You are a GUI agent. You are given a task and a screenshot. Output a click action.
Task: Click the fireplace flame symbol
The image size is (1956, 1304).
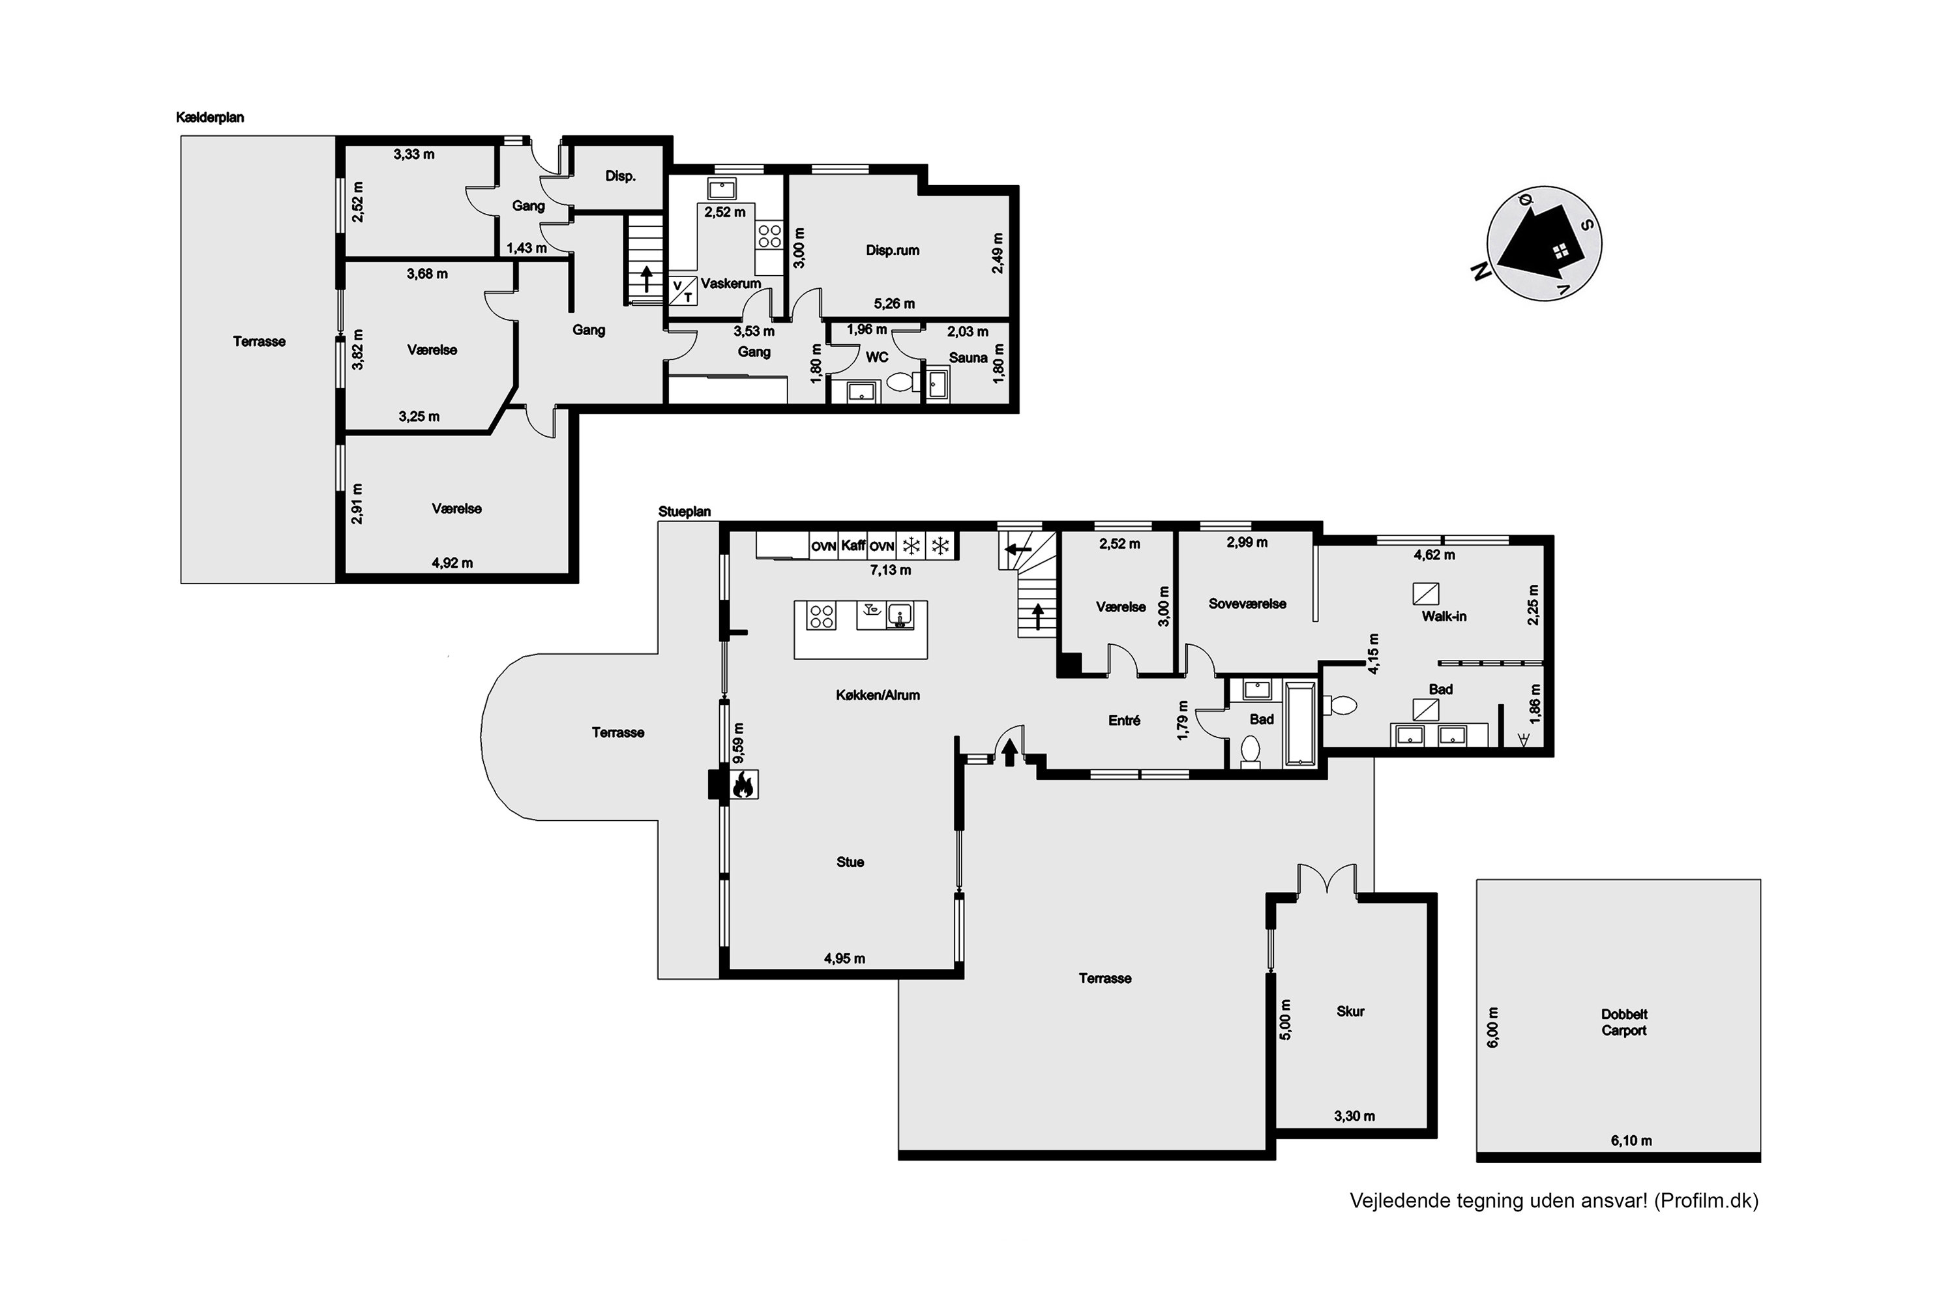(743, 784)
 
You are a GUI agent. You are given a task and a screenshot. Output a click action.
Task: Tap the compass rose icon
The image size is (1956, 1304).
(1545, 244)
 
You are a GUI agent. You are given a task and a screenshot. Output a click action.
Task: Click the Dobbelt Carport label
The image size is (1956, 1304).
(1623, 1022)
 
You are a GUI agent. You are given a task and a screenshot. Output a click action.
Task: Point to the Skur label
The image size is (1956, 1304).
(1350, 1011)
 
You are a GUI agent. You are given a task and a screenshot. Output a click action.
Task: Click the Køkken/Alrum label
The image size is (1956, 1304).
(878, 695)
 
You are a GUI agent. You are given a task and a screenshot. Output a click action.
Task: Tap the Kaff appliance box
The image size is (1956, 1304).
(853, 546)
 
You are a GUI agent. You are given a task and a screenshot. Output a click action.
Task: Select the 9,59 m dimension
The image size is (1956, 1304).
(739, 742)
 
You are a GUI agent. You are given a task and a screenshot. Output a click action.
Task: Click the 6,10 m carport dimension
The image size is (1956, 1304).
(1631, 1140)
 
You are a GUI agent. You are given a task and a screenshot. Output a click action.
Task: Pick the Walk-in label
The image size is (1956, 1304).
(1444, 616)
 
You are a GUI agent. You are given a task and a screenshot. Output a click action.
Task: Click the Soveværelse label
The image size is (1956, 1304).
(1247, 604)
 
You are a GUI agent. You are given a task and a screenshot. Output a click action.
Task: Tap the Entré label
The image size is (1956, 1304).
(1123, 721)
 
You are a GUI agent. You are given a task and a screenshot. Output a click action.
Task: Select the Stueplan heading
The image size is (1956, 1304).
(685, 511)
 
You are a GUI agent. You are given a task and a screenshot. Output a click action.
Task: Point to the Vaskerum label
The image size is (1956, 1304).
(730, 284)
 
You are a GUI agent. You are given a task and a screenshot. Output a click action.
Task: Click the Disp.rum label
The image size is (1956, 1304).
(893, 250)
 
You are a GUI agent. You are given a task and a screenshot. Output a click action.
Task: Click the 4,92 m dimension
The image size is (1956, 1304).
(452, 563)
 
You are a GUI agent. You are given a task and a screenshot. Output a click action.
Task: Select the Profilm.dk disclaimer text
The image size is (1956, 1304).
(1554, 1201)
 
